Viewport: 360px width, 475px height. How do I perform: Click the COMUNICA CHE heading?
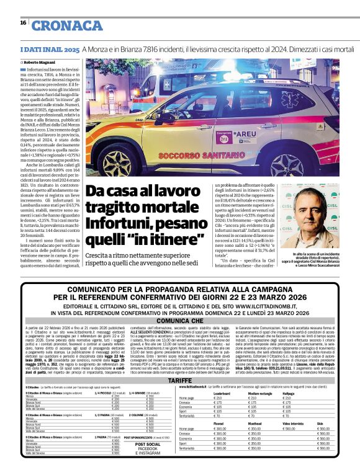(180, 322)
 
